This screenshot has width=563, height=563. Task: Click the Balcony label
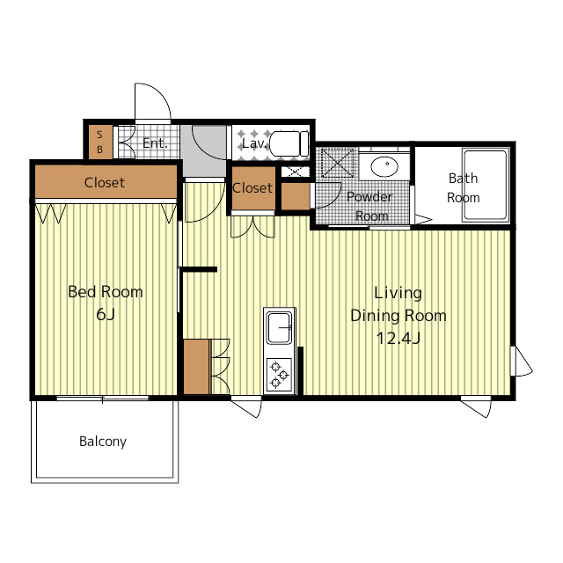[103, 442]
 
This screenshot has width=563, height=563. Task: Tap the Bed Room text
[106, 292]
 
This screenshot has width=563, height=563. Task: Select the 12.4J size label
[398, 338]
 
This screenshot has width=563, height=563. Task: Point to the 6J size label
[106, 314]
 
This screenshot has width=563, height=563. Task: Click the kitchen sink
[280, 327]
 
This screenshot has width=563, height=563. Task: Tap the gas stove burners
[280, 375]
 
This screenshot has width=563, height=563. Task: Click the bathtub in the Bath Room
[486, 185]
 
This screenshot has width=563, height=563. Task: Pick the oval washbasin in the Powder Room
[384, 166]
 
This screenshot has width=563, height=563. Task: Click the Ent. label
[155, 143]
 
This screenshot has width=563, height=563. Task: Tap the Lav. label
[254, 143]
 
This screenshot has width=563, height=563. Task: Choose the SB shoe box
[100, 142]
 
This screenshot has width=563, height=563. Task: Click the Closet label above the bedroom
[105, 182]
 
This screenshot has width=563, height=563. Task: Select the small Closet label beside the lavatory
[252, 187]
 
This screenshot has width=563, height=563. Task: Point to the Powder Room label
[369, 207]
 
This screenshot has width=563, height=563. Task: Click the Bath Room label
[464, 187]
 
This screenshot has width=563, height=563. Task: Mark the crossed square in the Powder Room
[337, 163]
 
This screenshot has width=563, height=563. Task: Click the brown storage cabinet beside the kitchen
[196, 367]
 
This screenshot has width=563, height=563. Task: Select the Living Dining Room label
[398, 304]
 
